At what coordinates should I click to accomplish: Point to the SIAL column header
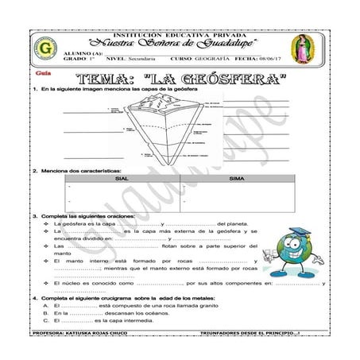pos(122,179)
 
